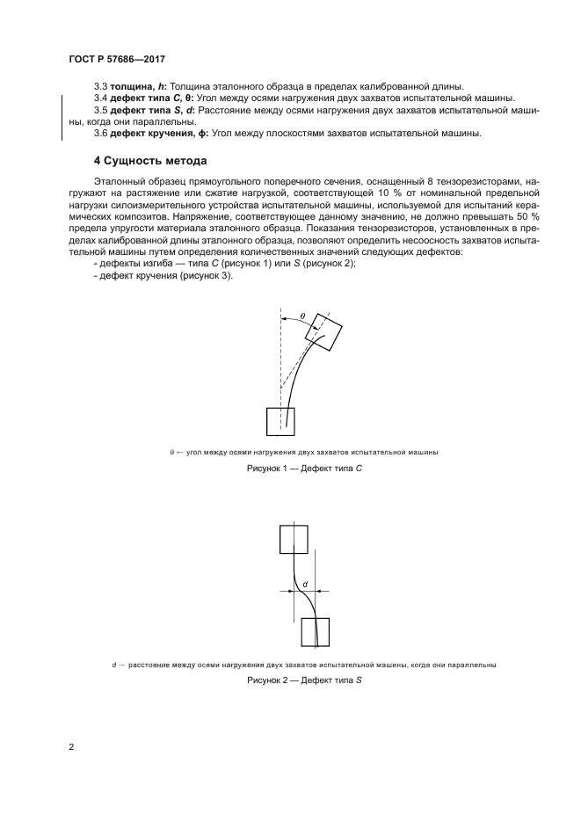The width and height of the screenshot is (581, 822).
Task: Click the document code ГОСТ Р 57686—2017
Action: click(x=118, y=58)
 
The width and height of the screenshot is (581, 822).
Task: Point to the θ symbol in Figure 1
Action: click(x=301, y=316)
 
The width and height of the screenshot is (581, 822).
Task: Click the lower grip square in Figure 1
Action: click(x=280, y=421)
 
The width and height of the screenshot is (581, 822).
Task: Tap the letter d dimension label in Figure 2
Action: click(x=304, y=584)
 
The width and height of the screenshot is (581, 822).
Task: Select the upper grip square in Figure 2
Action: click(x=294, y=537)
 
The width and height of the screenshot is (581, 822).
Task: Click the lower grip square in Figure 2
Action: click(x=315, y=632)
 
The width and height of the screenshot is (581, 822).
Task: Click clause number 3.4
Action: click(x=100, y=98)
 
